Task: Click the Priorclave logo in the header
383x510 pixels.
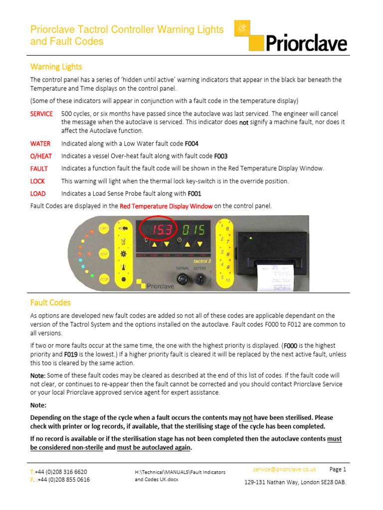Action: (x=298, y=36)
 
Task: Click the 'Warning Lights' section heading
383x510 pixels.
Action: (x=56, y=67)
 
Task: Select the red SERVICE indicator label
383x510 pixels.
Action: (x=41, y=114)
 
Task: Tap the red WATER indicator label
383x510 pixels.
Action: (x=40, y=143)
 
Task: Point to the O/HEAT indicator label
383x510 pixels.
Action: (x=41, y=156)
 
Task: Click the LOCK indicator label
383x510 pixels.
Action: (x=38, y=181)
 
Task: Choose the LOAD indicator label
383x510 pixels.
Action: (x=39, y=193)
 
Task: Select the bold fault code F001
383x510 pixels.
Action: (x=194, y=193)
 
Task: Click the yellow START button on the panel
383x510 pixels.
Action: (x=104, y=229)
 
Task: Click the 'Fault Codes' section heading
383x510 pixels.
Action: (x=50, y=302)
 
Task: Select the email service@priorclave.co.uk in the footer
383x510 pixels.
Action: (x=284, y=469)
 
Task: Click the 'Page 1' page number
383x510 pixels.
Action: (x=338, y=469)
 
